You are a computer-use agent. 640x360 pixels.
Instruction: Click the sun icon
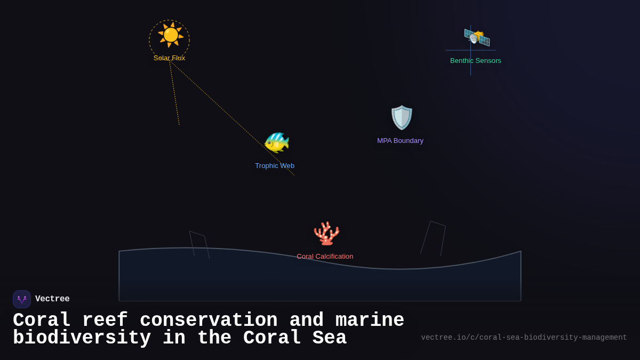click(170, 35)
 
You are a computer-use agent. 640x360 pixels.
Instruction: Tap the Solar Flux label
click(169, 58)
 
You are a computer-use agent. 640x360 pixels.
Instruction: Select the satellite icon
click(476, 37)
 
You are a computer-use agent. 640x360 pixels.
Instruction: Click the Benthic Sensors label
click(475, 61)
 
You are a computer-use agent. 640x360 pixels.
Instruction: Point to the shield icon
click(402, 117)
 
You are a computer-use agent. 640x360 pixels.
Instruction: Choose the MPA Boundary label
click(400, 141)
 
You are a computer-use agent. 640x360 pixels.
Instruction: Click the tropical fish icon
click(276, 142)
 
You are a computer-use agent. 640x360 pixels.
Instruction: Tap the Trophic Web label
click(275, 166)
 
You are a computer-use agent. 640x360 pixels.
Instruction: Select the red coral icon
click(326, 233)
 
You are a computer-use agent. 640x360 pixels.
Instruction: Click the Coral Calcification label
click(325, 257)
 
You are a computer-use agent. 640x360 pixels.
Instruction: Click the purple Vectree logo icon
click(22, 299)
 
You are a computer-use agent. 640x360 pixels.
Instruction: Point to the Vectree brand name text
click(52, 299)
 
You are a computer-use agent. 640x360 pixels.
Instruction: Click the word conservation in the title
click(209, 321)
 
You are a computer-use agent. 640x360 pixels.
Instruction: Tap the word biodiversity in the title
click(82, 338)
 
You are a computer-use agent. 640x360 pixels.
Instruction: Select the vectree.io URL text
click(524, 338)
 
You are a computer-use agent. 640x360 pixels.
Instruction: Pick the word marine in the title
click(370, 321)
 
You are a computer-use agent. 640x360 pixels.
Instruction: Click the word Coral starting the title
click(42, 321)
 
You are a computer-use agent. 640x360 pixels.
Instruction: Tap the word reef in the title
click(105, 321)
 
